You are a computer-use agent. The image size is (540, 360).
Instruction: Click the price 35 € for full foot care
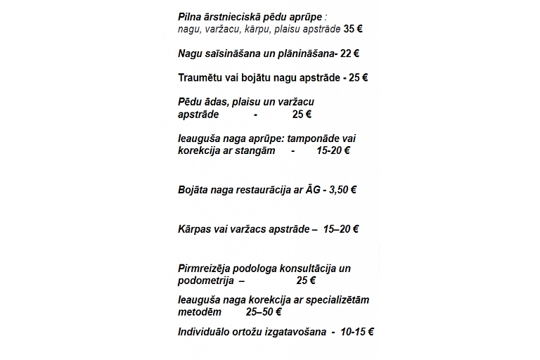point(353,30)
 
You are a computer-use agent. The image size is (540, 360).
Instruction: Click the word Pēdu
point(190,102)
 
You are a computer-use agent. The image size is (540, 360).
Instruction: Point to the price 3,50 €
point(343,190)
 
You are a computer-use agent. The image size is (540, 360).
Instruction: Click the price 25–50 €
point(264,312)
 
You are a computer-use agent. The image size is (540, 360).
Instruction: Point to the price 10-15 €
point(356,332)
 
